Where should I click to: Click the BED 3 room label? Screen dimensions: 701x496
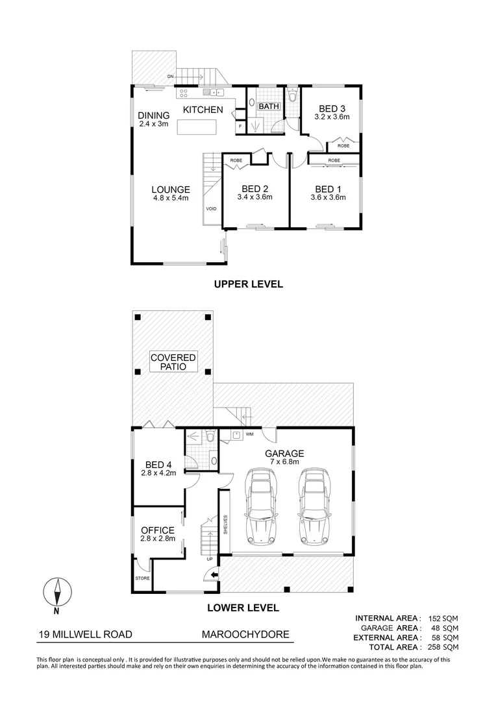pyautogui.click(x=332, y=108)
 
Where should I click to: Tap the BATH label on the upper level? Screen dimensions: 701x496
pyautogui.click(x=268, y=106)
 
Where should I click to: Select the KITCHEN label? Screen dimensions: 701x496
pyautogui.click(x=203, y=110)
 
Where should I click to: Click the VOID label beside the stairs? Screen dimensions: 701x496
pyautogui.click(x=211, y=209)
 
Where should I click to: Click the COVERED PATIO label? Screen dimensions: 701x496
pyautogui.click(x=173, y=362)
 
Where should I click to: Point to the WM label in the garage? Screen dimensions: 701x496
pyautogui.click(x=249, y=434)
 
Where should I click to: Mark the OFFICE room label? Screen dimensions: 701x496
pyautogui.click(x=157, y=530)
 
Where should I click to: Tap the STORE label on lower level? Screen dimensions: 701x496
pyautogui.click(x=142, y=578)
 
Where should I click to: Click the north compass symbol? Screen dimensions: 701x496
pyautogui.click(x=57, y=592)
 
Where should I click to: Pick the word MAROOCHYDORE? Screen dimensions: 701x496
pyautogui.click(x=245, y=635)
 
